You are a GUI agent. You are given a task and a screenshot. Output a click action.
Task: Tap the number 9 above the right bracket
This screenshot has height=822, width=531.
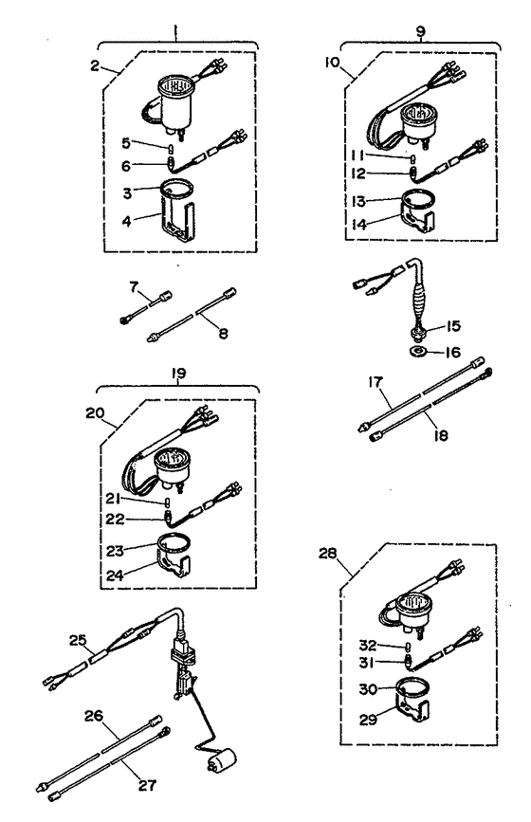[x=421, y=31]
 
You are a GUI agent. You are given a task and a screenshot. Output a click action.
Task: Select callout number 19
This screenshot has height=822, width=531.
[x=179, y=374]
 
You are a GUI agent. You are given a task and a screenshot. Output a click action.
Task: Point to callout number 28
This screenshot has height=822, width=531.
[x=328, y=553]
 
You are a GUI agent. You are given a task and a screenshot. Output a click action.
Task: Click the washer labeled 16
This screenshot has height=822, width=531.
[x=418, y=351]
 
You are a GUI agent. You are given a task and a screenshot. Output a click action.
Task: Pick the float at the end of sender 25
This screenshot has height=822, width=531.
[x=221, y=760]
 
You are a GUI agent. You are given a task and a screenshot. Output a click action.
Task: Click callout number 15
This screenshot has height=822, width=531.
[x=453, y=326]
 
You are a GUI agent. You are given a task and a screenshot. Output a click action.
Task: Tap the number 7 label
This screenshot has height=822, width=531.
[x=134, y=286]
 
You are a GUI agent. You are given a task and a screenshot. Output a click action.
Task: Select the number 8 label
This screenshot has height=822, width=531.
[x=224, y=333]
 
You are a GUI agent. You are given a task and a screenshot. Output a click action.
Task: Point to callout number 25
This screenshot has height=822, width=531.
[x=78, y=640]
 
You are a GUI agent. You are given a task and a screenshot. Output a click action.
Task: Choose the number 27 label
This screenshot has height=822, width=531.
[x=147, y=785]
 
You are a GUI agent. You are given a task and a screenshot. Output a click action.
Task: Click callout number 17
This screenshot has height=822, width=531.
[x=375, y=381]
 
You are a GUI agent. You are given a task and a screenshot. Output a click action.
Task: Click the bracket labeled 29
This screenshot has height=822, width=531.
[x=413, y=710]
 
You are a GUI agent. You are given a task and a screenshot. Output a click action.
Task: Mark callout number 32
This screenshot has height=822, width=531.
[x=368, y=645]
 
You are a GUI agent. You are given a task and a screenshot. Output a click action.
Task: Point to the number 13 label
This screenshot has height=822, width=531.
[x=358, y=201]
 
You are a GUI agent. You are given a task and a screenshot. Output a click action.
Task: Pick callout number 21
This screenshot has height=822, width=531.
[x=115, y=498]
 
